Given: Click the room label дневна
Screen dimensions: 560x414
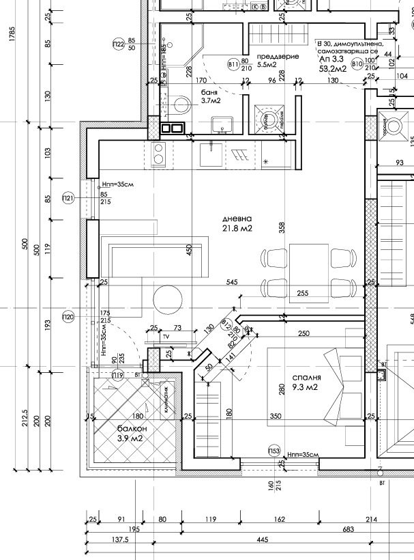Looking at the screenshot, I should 237,219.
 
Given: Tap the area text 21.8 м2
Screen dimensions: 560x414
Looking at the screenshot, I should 237,229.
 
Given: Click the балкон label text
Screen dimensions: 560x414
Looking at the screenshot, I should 130,428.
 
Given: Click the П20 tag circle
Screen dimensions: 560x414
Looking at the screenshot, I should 67,316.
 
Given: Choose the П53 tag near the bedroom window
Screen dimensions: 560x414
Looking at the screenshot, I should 274,451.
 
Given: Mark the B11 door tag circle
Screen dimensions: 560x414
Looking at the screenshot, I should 233,64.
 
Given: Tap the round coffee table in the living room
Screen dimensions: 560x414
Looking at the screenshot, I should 168,298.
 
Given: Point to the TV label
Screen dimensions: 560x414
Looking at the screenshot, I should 164,337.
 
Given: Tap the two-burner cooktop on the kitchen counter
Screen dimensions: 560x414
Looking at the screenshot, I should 159,154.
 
